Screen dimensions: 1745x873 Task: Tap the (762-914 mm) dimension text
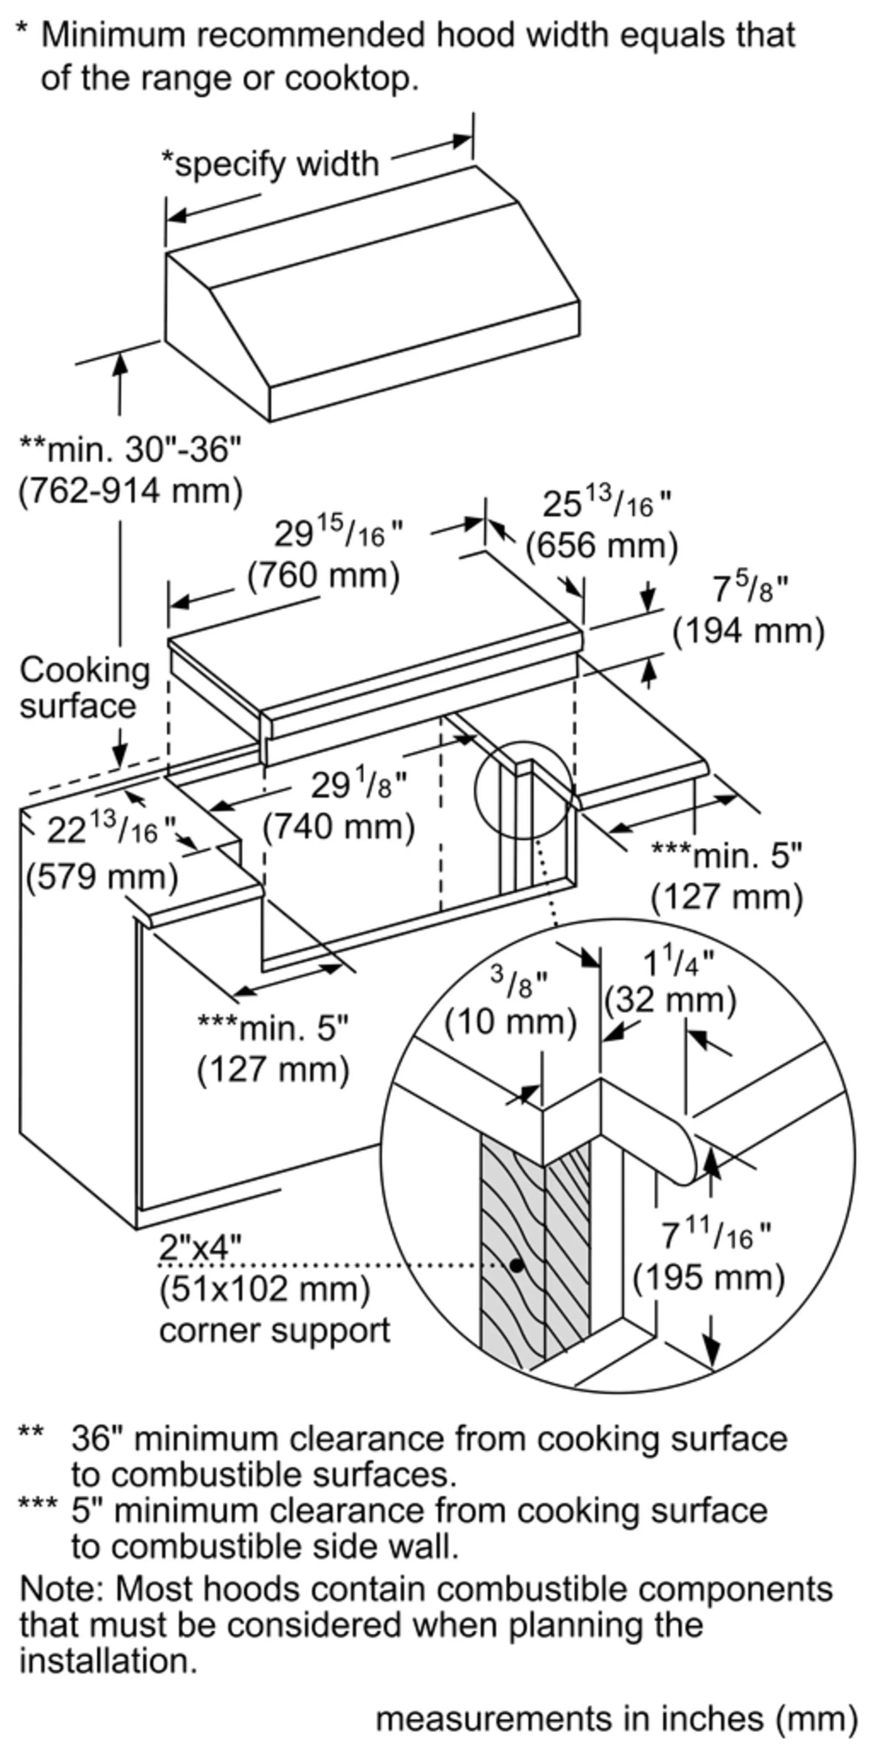pos(130,490)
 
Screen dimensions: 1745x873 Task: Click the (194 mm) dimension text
pos(748,631)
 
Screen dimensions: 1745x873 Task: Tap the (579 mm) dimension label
pos(102,877)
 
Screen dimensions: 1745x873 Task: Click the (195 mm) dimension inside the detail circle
pos(708,1278)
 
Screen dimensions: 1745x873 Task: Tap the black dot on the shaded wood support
pos(517,1265)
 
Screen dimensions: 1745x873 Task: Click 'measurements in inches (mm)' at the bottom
pos(616,1718)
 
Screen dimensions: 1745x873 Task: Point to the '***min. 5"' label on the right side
pos(726,856)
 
